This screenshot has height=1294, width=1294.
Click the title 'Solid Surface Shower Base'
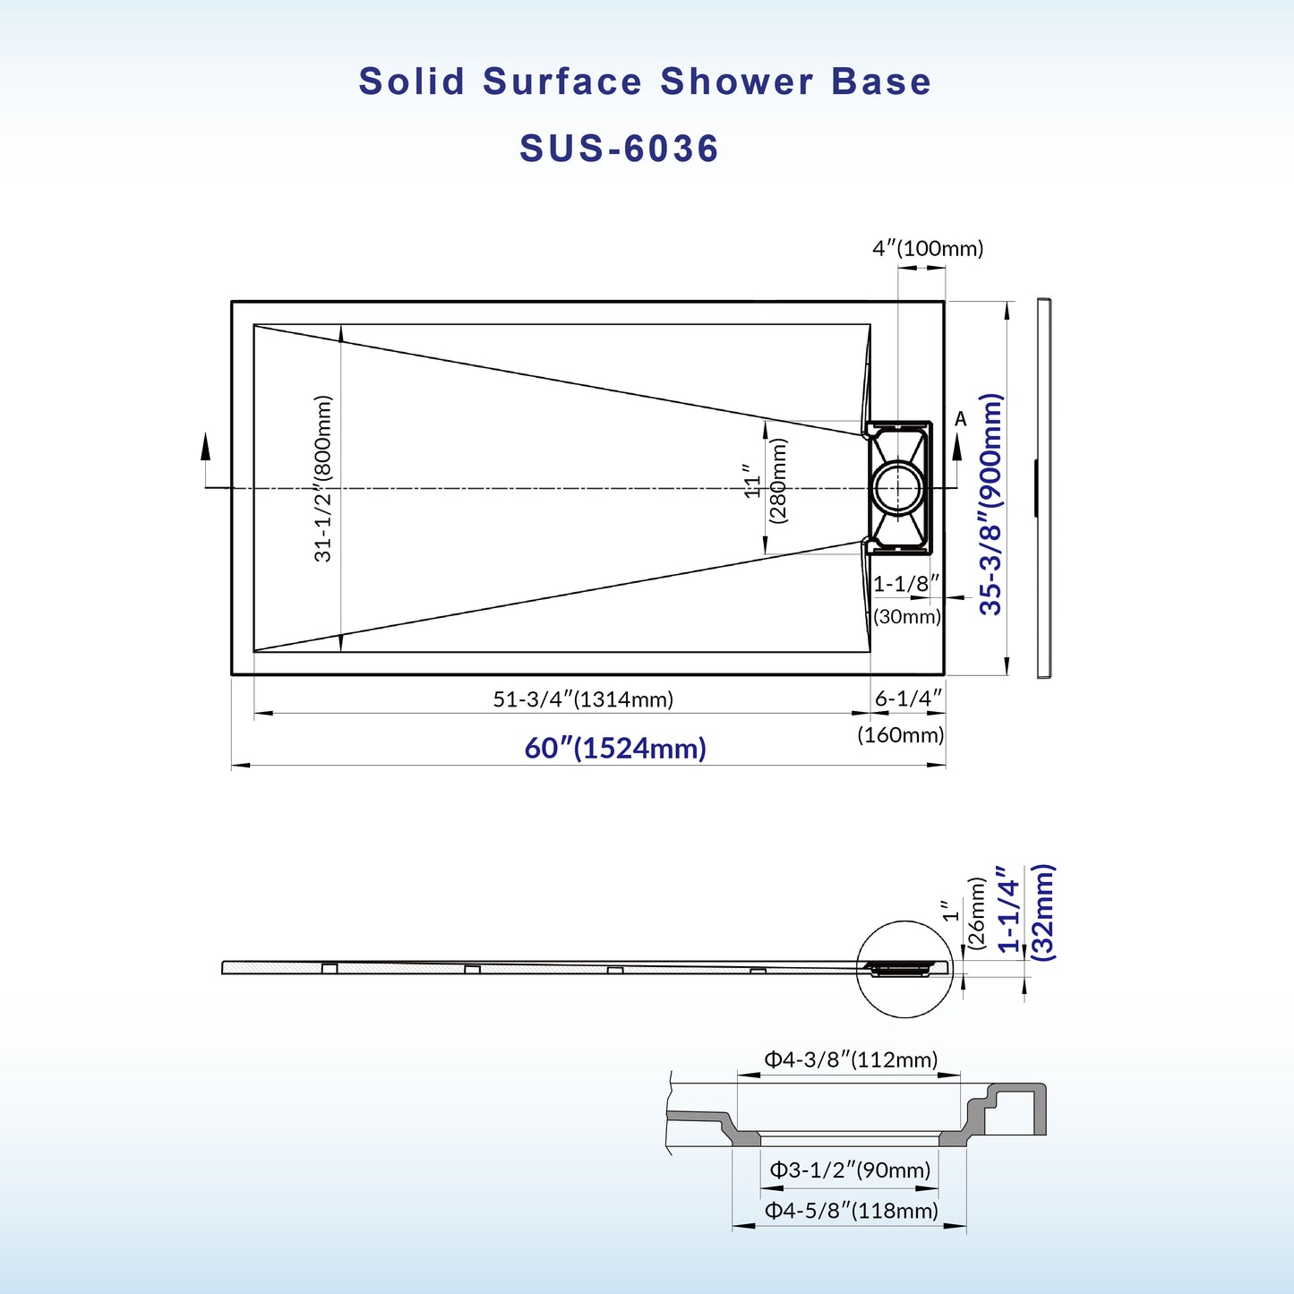coord(645,81)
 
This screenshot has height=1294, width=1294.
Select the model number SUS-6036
coord(619,149)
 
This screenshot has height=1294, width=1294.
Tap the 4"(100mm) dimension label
coord(928,248)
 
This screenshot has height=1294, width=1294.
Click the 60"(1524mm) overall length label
coord(615,748)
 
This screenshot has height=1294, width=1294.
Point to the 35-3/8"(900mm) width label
coord(990,503)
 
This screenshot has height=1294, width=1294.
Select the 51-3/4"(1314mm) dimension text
coord(583,698)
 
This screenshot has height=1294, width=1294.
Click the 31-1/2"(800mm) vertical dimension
coord(323,478)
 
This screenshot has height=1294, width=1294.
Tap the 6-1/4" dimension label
coord(908,698)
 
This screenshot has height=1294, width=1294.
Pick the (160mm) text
coord(900,735)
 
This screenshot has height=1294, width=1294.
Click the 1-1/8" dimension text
coord(905,584)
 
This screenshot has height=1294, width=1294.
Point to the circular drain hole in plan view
coord(897,488)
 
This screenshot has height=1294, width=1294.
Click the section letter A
coord(961,419)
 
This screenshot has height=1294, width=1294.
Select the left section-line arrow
coord(206,448)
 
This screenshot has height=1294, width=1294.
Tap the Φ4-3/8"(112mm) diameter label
coord(850,1060)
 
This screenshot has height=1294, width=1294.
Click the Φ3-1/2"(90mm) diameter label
coord(850,1170)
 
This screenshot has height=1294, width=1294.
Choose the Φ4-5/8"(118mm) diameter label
coord(850,1211)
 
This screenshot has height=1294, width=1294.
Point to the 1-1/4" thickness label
coord(1008,910)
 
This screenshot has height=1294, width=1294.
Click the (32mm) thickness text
coord(1043,913)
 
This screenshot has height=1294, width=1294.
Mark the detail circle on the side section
coord(904,969)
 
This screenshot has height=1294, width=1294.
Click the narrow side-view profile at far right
coord(1043,488)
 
